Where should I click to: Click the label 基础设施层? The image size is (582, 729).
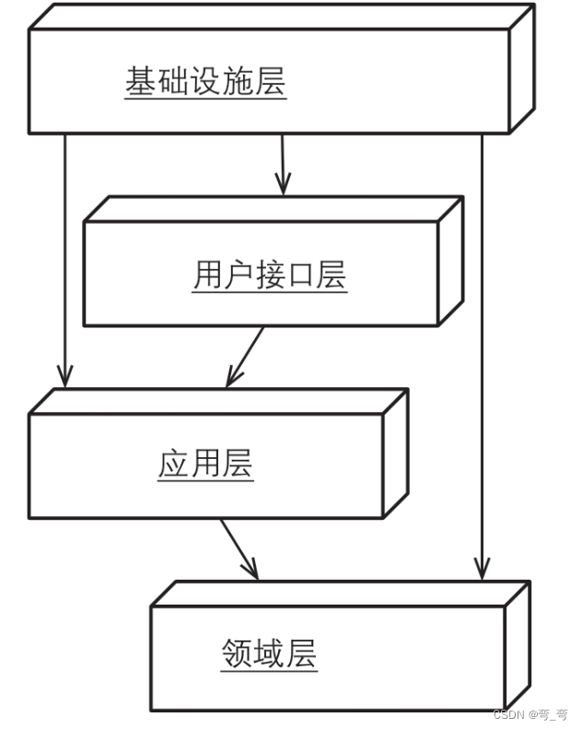pyautogui.click(x=205, y=82)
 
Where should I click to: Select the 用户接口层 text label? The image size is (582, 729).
pyautogui.click(x=270, y=275)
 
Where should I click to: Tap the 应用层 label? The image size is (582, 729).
pyautogui.click(x=205, y=464)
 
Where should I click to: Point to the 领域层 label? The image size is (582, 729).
pyautogui.click(x=269, y=653)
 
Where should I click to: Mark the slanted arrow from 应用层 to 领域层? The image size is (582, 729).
pyautogui.click(x=238, y=548)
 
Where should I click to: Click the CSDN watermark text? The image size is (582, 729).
pyautogui.click(x=530, y=715)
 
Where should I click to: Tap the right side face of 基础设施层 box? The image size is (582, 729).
pyautogui.click(x=522, y=68)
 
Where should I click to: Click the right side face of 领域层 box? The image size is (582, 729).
pyautogui.click(x=517, y=646)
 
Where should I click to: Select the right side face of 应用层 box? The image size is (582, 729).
pyautogui.click(x=395, y=453)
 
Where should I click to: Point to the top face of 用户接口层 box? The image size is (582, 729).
pyautogui.click(x=273, y=208)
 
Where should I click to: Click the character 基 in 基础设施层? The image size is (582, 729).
pyautogui.click(x=140, y=82)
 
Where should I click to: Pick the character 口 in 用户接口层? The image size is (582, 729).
pyautogui.click(x=300, y=275)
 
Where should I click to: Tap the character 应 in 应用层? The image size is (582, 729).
pyautogui.click(x=173, y=464)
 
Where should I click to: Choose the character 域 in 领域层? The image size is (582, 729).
pyautogui.click(x=269, y=653)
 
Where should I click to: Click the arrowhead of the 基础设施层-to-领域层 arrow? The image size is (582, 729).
pyautogui.click(x=482, y=570)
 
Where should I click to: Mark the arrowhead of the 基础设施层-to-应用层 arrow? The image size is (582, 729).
pyautogui.click(x=64, y=376)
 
